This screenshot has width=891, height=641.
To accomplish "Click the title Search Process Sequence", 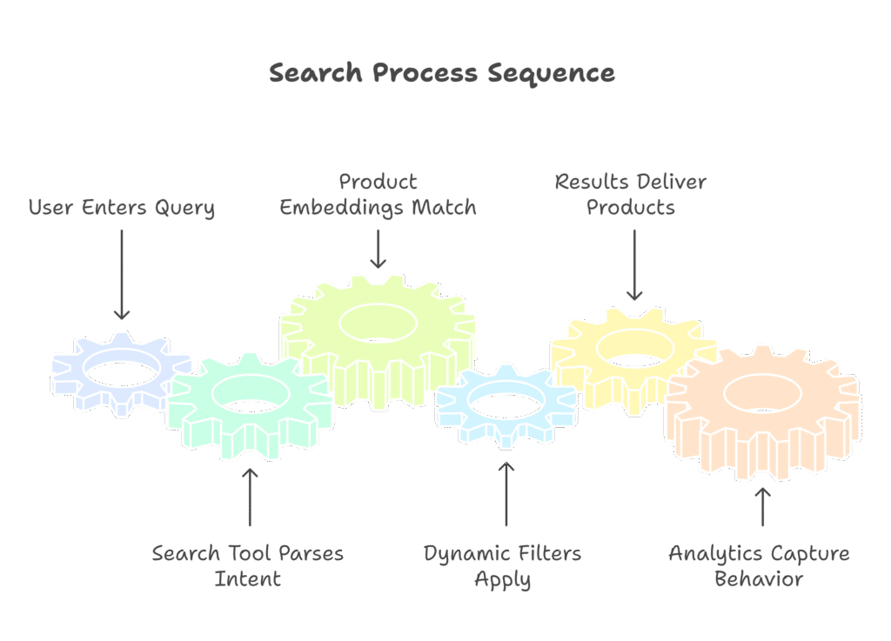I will coord(442,73).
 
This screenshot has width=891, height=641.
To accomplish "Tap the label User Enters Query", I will coord(121,209).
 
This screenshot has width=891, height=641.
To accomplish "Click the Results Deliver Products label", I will coord(631,196).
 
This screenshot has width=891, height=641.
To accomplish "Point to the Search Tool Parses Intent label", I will coord(248,566).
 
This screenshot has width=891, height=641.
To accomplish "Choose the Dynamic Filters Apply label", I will coord(503,566).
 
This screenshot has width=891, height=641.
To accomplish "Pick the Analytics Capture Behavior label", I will coord(760,566).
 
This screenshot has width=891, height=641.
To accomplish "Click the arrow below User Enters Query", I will coord(122,274).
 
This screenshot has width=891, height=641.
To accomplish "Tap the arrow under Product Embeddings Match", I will coord(378,247).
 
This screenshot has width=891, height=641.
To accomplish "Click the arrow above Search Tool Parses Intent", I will coord(250,497).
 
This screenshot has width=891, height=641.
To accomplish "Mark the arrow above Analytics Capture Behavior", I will coord(762,506).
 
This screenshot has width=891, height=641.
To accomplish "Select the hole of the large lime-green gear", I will coord(378,323).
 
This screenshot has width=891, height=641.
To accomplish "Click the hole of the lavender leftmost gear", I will coord(122,372).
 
